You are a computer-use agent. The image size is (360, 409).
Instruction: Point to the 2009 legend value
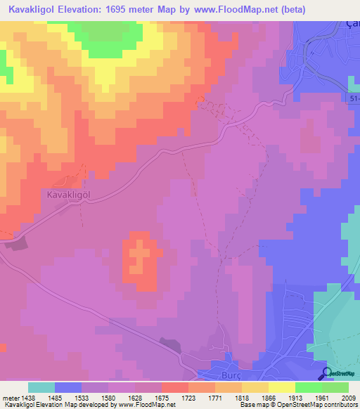pos(349,398)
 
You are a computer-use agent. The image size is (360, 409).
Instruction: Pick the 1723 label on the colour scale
pos(188,398)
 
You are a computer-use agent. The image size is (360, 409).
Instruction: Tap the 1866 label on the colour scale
pos(268,398)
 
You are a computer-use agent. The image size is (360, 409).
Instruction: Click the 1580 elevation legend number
pos(108,398)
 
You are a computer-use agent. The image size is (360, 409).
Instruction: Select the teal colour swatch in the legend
pos(41,387)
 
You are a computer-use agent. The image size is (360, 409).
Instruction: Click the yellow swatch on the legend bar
pos(282,387)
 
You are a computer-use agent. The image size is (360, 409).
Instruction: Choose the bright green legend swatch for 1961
pos(309,387)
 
